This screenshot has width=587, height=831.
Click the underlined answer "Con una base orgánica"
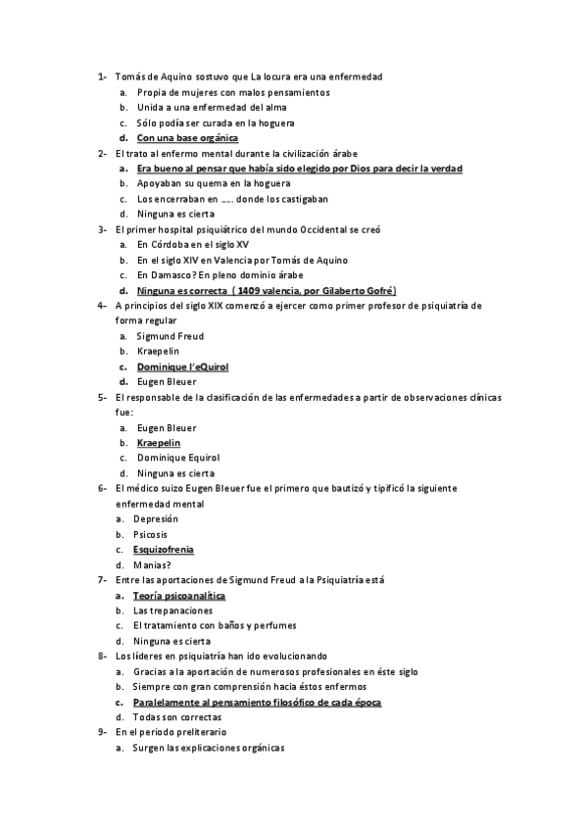coord(187,138)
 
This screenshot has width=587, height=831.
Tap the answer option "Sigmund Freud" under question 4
coord(170,336)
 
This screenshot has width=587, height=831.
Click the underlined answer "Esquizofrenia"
coord(164,550)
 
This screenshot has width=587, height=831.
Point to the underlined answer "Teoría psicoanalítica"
coord(180,595)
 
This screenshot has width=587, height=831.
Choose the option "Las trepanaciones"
coord(174,611)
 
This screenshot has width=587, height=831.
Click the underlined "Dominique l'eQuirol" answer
coord(182,367)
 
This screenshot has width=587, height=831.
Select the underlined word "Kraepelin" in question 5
coord(159,443)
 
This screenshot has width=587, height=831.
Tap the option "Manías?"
coord(154,564)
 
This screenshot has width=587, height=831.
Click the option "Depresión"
coord(157,518)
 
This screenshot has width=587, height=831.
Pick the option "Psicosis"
coord(151,534)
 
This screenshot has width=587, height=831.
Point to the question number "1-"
coord(102,76)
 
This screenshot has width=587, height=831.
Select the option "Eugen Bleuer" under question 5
coord(166,427)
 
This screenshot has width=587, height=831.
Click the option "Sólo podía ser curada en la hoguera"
coord(216,122)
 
